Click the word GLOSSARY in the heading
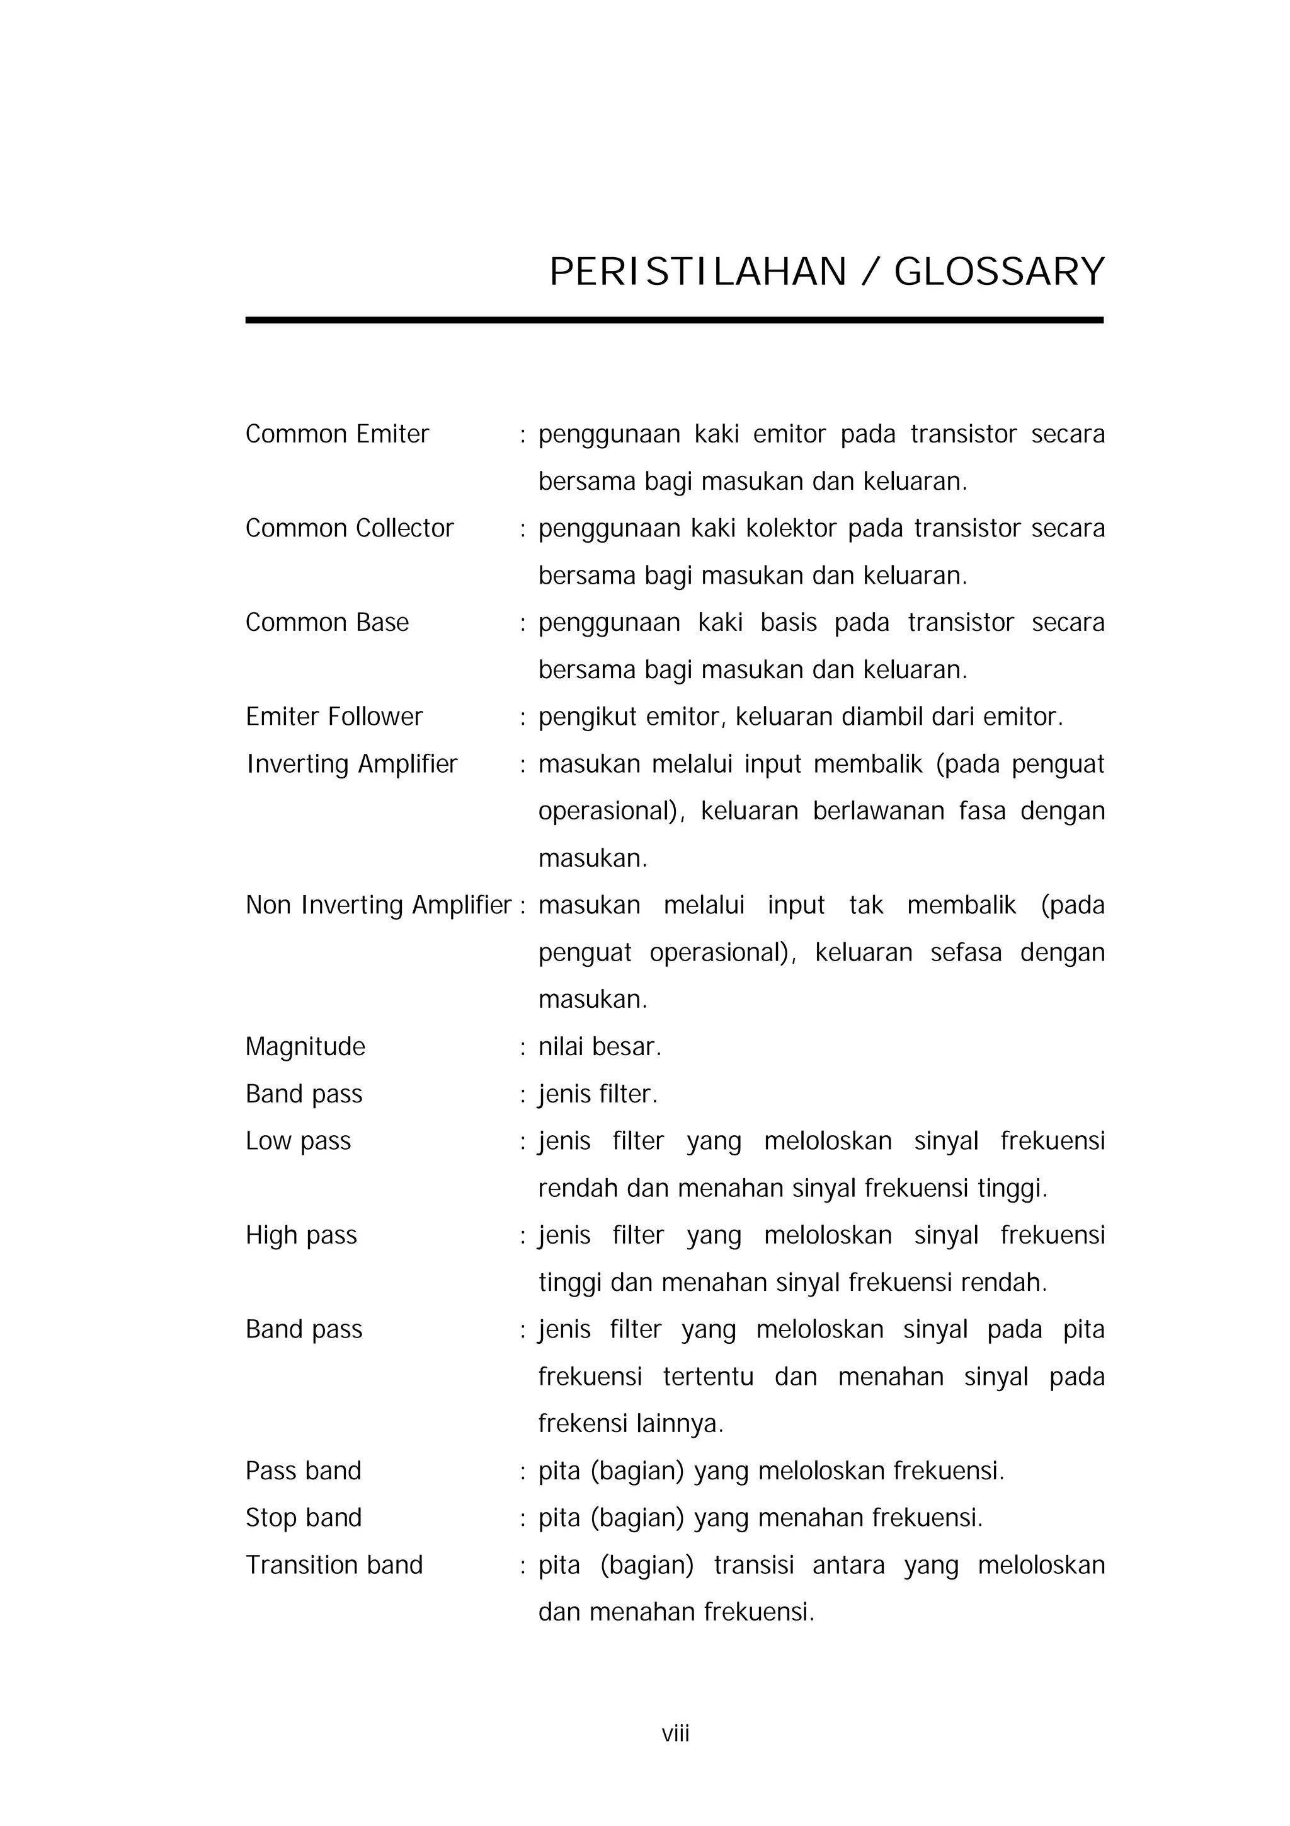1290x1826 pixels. coord(999,272)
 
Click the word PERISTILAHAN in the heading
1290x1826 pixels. coord(698,272)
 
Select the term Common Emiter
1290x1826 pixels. coord(337,434)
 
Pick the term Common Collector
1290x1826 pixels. coord(349,528)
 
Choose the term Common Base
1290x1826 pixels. coord(327,623)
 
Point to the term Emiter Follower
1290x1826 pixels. coord(334,717)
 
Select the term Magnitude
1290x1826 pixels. coord(305,1046)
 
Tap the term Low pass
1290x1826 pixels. coord(298,1141)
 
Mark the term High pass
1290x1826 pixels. coord(301,1235)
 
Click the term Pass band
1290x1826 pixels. coord(303,1471)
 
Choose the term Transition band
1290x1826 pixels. coord(334,1564)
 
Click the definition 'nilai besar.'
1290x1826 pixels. coord(599,1046)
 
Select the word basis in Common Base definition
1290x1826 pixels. coord(788,623)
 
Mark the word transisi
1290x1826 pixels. coord(753,1564)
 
